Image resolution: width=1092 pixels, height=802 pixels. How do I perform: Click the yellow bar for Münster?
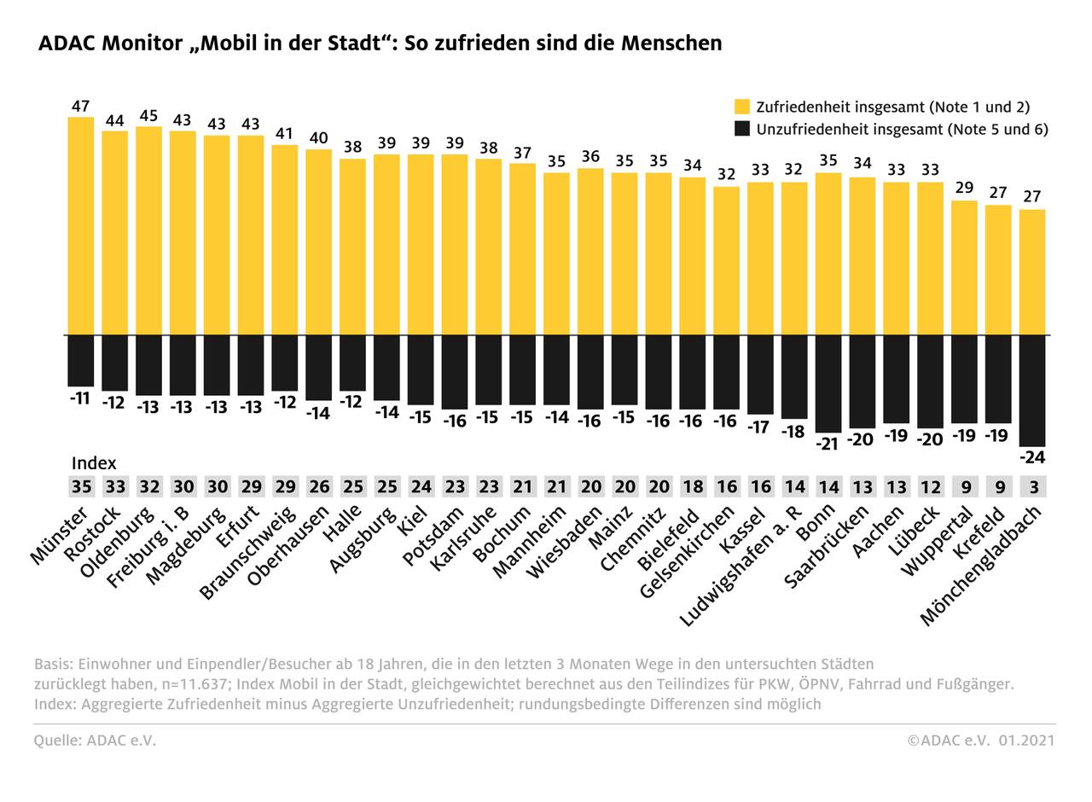tap(81, 226)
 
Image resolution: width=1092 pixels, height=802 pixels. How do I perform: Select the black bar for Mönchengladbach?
tap(1032, 390)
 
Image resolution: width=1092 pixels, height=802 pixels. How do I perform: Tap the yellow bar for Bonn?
tap(828, 253)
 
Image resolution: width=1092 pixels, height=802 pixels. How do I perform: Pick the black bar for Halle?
tap(352, 363)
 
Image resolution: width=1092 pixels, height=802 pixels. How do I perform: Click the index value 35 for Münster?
tap(81, 487)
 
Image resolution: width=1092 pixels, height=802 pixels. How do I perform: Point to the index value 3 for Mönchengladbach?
tap(1032, 487)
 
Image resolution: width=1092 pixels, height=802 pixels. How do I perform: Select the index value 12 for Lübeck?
tap(930, 487)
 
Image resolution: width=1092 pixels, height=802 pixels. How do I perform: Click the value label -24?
tap(1032, 458)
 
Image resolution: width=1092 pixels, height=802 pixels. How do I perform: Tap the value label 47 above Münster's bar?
tap(81, 107)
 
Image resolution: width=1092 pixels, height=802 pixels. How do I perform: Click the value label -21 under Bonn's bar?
tap(828, 444)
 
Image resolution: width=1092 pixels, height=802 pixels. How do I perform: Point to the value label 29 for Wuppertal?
tap(964, 188)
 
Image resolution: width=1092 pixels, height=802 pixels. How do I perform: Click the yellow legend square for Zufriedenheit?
tap(742, 107)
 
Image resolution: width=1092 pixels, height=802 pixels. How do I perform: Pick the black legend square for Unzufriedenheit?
tap(742, 129)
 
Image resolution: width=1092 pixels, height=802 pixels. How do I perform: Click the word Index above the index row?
tap(94, 463)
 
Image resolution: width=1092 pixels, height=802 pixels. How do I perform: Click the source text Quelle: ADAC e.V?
tap(95, 741)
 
